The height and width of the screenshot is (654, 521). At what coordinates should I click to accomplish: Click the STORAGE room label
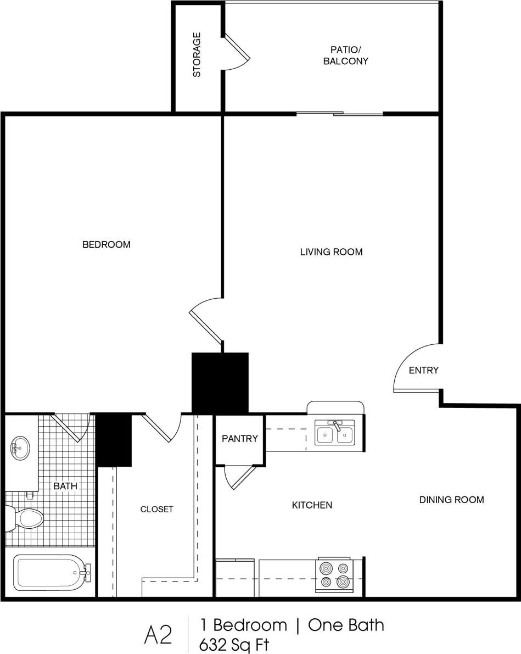coord(197,55)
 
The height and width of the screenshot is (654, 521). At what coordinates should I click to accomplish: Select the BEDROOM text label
coord(107,244)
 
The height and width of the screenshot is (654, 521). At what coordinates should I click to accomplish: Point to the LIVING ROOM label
coord(331,252)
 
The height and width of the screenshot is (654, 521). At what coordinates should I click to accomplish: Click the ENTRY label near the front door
coord(424,370)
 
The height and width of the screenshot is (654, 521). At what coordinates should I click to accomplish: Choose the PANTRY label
coord(239,439)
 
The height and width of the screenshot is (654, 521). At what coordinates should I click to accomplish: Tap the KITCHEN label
coord(312,505)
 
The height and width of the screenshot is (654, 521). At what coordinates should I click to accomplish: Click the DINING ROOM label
coord(451,500)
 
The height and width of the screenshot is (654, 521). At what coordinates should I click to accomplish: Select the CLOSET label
coord(156,509)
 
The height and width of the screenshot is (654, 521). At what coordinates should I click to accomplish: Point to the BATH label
coord(65,486)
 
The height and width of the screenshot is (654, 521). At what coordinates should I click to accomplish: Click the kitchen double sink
coord(335,433)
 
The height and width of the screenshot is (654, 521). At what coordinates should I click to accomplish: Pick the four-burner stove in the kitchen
coord(334,575)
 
